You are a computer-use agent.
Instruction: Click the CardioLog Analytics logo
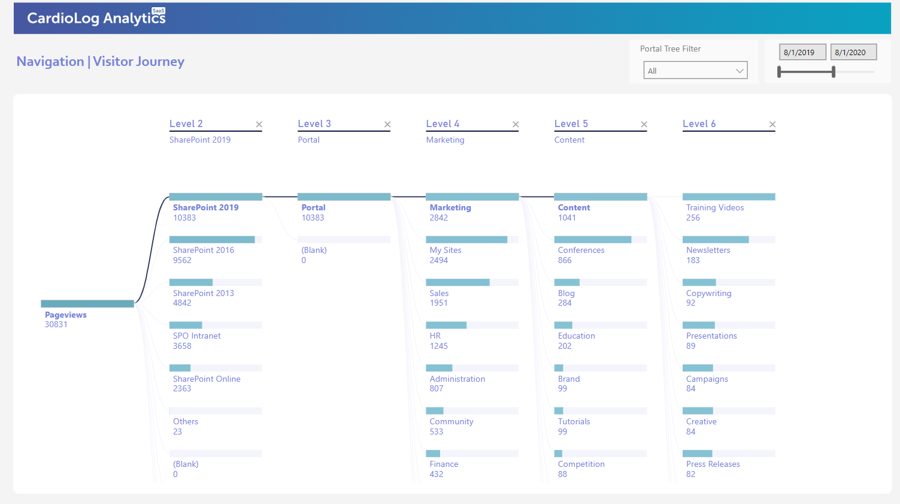coord(96,17)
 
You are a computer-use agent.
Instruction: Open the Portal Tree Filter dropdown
coord(695,70)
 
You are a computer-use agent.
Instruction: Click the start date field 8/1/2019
coord(802,52)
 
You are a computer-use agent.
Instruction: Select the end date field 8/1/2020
coord(853,52)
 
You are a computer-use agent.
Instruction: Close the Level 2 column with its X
coord(259,124)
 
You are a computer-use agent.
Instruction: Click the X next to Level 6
coord(772,124)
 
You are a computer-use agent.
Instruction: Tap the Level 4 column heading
coord(443,123)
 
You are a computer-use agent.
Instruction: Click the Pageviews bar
coord(87,303)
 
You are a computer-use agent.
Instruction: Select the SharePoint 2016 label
coord(204,250)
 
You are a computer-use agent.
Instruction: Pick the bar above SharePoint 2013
coord(191,282)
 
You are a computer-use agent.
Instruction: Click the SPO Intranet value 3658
coord(182,346)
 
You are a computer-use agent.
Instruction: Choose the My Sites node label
coord(445,250)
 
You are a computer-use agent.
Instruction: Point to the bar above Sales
coord(457,282)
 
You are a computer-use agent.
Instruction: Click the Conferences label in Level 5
coord(581,250)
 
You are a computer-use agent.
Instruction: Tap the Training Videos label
coord(715,207)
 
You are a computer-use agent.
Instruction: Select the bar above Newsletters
coord(716,239)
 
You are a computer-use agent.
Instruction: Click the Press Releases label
coord(713,464)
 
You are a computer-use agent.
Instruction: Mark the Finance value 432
coord(437,474)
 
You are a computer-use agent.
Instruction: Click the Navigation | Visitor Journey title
coord(101,62)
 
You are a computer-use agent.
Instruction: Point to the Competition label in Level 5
coord(581,464)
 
